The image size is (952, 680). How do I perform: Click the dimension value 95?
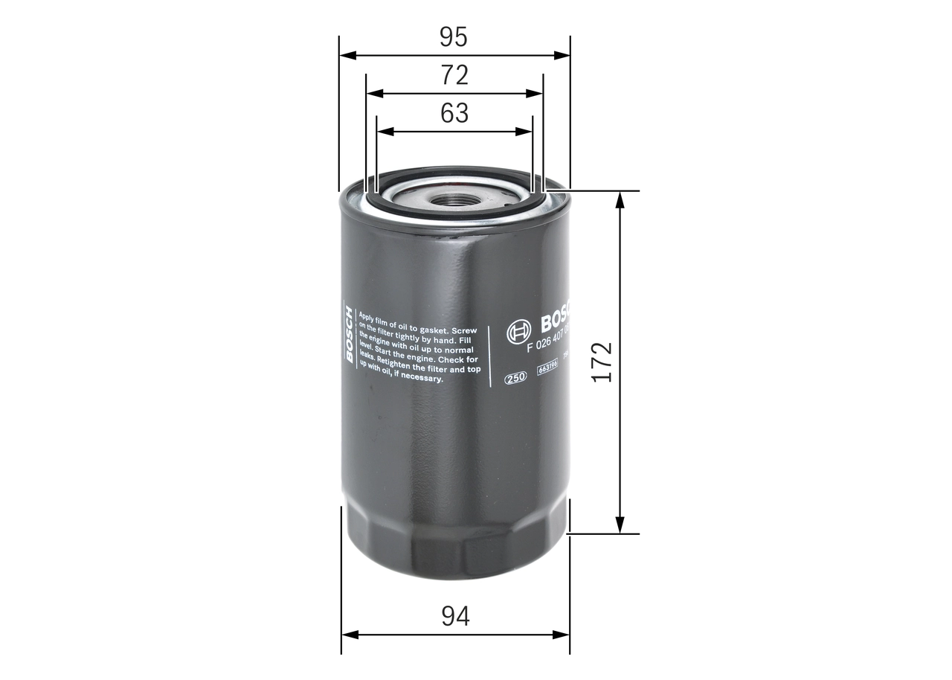454,36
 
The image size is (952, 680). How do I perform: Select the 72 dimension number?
454,75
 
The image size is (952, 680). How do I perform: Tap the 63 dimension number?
454,113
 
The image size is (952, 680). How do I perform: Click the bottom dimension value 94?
455,616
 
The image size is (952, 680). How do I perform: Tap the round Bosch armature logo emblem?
518,333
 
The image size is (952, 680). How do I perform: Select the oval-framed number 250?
515,377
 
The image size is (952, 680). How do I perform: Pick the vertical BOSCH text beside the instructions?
349,333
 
